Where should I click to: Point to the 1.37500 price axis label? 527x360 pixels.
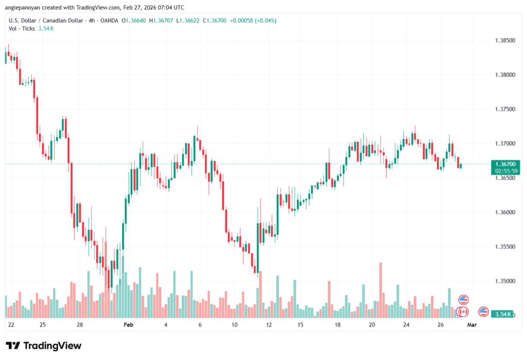[504, 109]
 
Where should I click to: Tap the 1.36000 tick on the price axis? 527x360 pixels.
[504, 212]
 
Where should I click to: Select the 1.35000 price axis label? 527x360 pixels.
[504, 281]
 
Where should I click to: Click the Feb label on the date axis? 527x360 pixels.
[129, 325]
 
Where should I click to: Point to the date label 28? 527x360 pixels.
[80, 325]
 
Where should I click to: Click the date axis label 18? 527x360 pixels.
[338, 325]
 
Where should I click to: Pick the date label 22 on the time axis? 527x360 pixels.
[11, 325]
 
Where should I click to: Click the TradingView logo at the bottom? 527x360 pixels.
[44, 346]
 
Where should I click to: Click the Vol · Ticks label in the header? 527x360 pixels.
[22, 28]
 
